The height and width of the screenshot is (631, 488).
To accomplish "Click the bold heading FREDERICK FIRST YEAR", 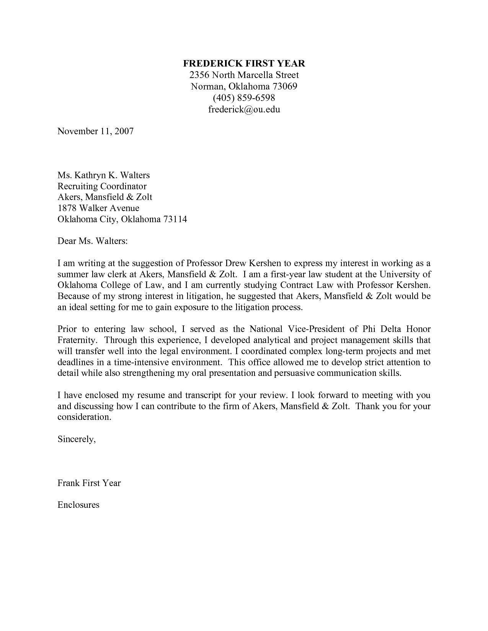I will pyautogui.click(x=244, y=63).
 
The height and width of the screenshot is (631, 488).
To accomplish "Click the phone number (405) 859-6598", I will pyautogui.click(x=244, y=98).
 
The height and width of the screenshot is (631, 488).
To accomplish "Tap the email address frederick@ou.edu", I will pyautogui.click(x=244, y=109).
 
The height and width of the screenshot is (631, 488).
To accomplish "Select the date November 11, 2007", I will pyautogui.click(x=95, y=131).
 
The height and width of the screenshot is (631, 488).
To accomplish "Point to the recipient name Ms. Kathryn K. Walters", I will pyautogui.click(x=103, y=175).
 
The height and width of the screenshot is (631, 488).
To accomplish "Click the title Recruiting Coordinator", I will pyautogui.click(x=102, y=186).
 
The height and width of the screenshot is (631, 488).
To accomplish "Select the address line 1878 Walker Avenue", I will pyautogui.click(x=98, y=208).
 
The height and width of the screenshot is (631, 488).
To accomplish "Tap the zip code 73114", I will pyautogui.click(x=175, y=219).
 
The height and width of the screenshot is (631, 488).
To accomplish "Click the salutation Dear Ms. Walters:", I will pyautogui.click(x=92, y=241).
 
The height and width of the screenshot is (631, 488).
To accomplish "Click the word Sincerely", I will pyautogui.click(x=76, y=439).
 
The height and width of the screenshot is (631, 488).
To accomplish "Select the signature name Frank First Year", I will pyautogui.click(x=89, y=483).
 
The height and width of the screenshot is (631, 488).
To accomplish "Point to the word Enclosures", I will pyautogui.click(x=78, y=505).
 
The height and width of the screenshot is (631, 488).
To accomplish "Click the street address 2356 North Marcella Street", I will pyautogui.click(x=244, y=75).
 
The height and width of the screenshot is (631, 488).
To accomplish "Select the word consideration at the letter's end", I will pyautogui.click(x=83, y=417).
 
